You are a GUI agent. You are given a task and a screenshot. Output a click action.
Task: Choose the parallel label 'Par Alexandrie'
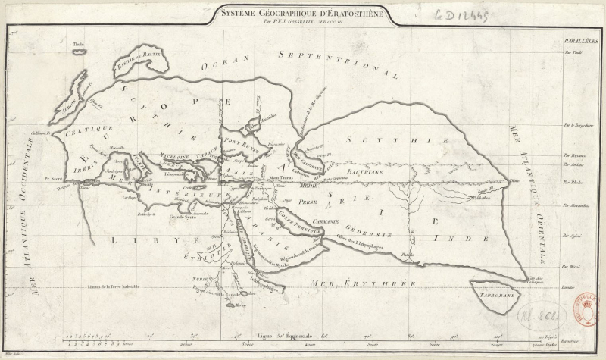[576, 205]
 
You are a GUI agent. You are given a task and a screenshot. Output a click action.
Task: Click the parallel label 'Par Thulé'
[576, 53]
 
